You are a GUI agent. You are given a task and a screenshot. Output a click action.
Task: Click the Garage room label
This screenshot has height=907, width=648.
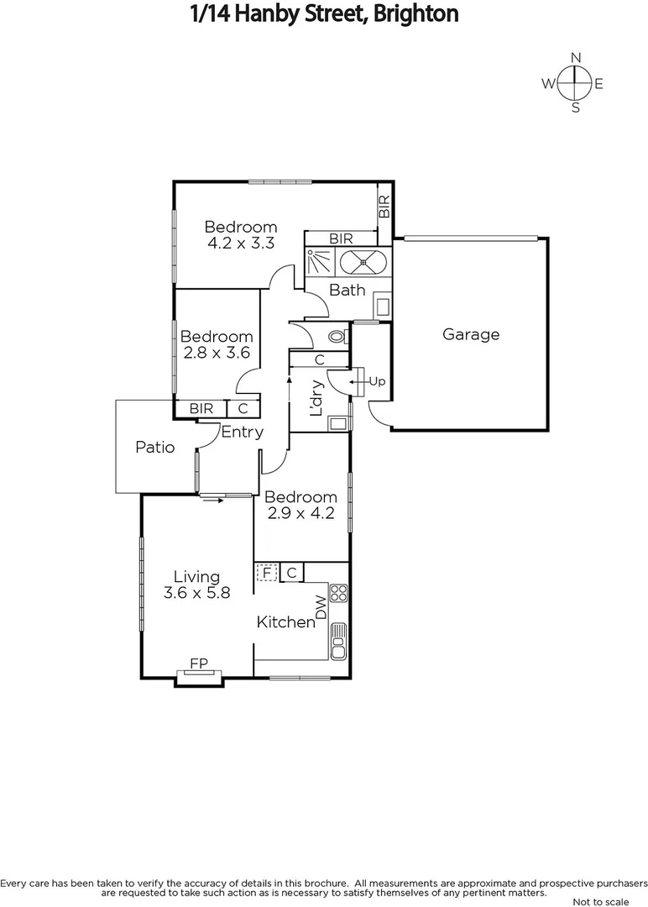click(471, 334)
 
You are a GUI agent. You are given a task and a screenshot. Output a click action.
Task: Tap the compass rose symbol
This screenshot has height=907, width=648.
click(575, 83)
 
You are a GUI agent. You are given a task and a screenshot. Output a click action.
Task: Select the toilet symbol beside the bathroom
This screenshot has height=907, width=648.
click(337, 337)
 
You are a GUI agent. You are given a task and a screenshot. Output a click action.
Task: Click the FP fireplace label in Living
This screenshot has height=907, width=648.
click(199, 663)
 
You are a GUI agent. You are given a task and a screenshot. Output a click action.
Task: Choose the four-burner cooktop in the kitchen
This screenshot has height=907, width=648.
click(339, 594)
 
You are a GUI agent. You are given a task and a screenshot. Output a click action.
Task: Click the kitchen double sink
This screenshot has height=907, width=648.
click(338, 640)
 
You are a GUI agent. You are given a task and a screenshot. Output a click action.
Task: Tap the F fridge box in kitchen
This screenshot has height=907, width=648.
click(266, 573)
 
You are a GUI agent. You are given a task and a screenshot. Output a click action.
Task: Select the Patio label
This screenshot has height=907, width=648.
click(155, 447)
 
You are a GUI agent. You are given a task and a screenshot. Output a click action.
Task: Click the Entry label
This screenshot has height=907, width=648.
click(243, 433)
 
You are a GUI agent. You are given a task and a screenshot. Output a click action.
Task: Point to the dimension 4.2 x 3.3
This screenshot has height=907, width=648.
click(241, 244)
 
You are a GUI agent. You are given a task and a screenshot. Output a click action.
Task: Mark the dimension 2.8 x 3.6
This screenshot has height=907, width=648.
click(217, 354)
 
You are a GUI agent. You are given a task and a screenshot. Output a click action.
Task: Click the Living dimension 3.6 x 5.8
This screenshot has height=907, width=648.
click(196, 592)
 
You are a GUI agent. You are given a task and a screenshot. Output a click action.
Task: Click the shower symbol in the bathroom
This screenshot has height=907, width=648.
click(320, 262)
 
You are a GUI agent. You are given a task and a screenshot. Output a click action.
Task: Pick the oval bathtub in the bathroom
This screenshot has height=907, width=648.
click(363, 262)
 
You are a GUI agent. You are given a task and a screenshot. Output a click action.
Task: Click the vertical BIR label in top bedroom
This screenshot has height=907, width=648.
click(384, 207)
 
